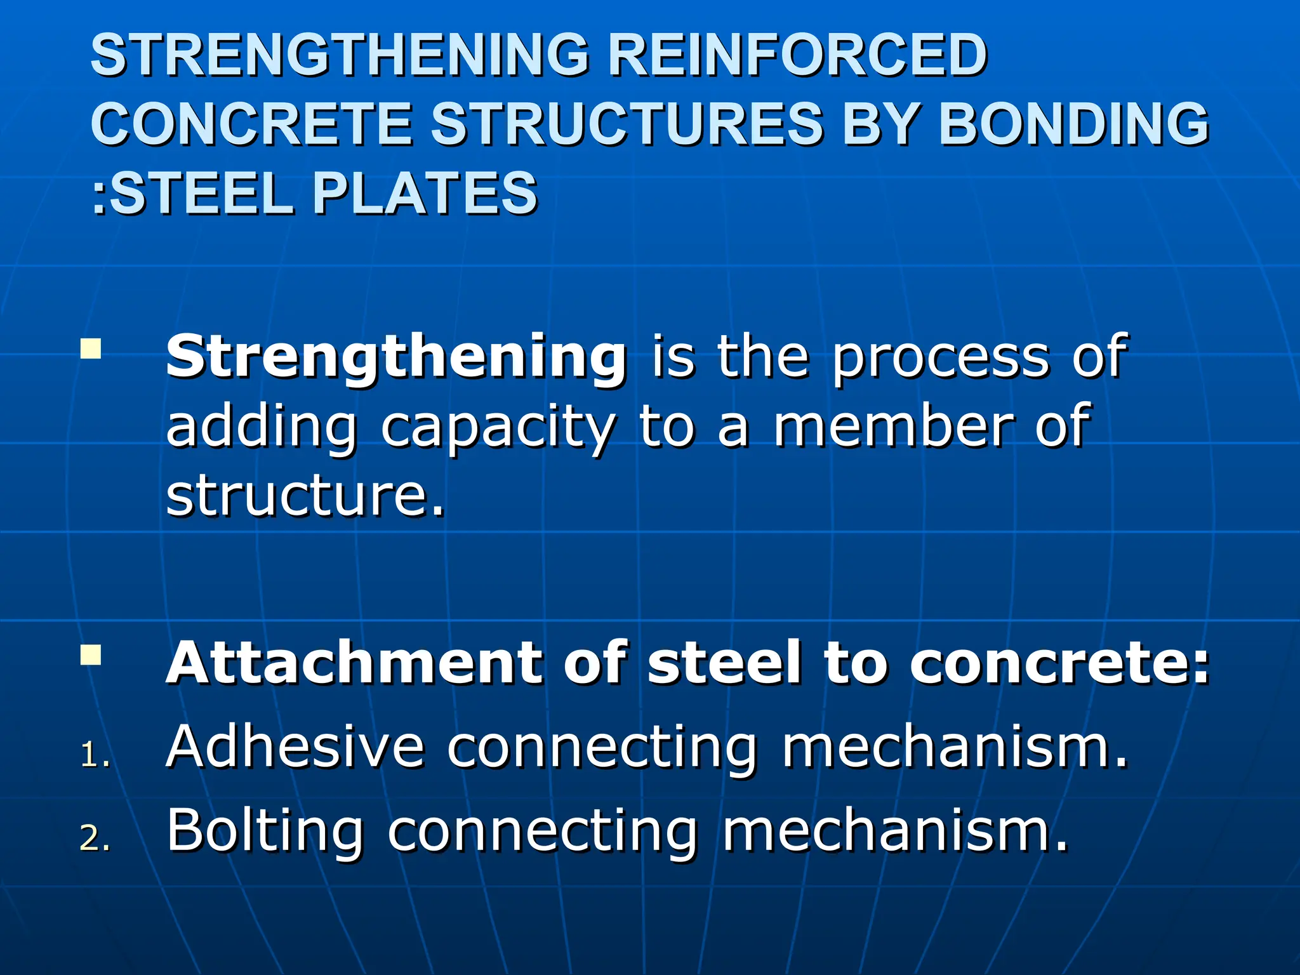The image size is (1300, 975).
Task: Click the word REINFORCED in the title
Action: (797, 56)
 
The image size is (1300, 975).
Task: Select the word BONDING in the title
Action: (1073, 124)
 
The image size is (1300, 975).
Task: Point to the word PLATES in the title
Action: (424, 194)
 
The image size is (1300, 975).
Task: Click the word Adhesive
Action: (295, 747)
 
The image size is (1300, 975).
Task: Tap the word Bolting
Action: (265, 832)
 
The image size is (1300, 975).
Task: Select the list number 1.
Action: (94, 757)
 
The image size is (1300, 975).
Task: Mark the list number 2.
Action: (94, 840)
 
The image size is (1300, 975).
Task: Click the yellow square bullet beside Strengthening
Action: (91, 349)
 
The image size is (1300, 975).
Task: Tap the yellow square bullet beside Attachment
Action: (91, 655)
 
